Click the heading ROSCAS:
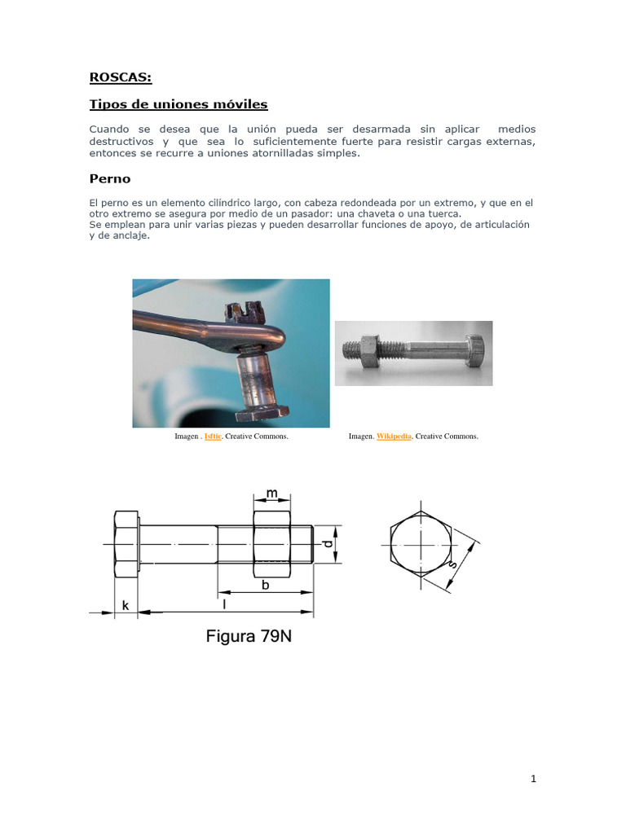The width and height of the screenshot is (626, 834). [121, 77]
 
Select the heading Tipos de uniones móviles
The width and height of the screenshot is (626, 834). [178, 104]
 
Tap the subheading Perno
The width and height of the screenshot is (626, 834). [109, 178]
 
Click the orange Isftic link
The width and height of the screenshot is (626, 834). [213, 437]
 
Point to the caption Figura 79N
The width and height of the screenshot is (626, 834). [248, 636]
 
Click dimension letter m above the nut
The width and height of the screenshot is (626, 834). [272, 494]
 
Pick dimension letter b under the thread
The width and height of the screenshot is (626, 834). [266, 584]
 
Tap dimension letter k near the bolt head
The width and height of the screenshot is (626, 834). [126, 604]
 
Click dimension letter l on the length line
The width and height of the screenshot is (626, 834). [224, 604]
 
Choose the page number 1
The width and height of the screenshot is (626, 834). [533, 779]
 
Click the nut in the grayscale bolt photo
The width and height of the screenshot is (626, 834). [367, 351]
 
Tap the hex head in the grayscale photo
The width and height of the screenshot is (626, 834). [478, 352]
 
